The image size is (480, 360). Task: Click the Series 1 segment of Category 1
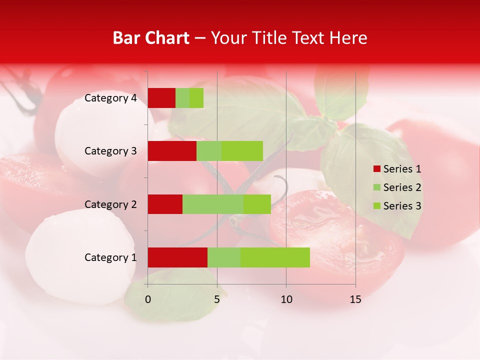tap(177, 257)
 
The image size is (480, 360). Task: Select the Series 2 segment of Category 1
tap(224, 257)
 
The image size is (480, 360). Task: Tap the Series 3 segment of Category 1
tap(275, 257)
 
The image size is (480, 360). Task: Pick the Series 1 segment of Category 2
tap(165, 204)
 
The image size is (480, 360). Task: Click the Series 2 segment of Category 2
tap(213, 204)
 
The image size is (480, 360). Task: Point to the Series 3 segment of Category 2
tap(257, 204)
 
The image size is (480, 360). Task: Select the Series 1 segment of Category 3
tap(172, 151)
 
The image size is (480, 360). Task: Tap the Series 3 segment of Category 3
tap(242, 151)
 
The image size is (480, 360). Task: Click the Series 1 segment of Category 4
tap(161, 98)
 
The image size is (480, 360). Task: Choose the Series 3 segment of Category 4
tap(196, 98)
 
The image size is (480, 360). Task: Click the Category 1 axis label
tap(110, 257)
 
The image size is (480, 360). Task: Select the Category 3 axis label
tap(110, 151)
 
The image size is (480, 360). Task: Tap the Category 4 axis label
tap(110, 98)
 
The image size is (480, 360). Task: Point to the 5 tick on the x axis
tap(217, 299)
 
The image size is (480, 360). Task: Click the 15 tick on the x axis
tap(355, 299)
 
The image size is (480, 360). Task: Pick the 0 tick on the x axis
tap(148, 299)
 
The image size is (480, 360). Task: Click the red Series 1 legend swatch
tap(376, 169)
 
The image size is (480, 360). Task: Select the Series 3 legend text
tap(402, 206)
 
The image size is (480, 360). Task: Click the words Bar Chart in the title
tap(151, 38)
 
